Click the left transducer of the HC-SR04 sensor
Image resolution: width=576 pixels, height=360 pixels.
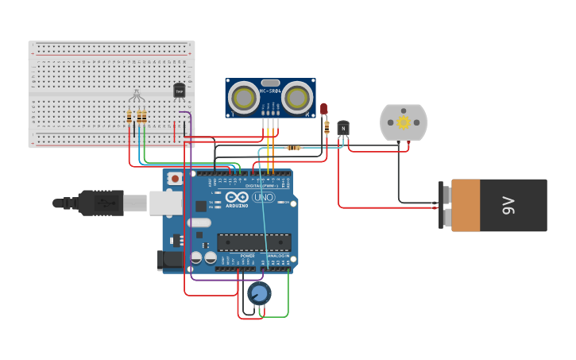[244, 98]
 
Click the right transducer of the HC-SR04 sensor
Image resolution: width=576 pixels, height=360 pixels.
[297, 98]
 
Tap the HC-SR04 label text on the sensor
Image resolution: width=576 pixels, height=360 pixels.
[270, 91]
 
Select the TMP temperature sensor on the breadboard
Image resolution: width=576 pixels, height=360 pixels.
[179, 91]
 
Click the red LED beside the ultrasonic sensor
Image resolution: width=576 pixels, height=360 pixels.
[324, 109]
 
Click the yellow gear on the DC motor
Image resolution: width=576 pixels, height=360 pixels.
[404, 122]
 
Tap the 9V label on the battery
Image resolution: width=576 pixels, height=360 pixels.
[509, 205]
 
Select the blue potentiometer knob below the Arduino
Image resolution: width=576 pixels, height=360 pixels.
[259, 293]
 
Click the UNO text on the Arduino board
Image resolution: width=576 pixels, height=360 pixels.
[263, 197]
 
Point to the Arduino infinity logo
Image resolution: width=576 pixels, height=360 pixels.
[236, 197]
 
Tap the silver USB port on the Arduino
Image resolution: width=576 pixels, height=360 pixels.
[165, 203]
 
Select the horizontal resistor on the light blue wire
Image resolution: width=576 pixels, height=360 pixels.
[293, 148]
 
